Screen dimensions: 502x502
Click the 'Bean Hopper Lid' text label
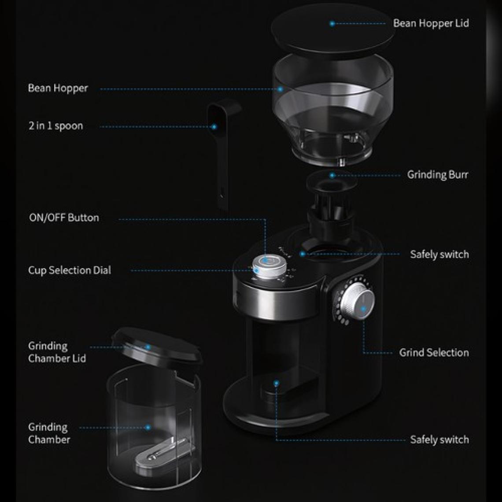coord(431,23)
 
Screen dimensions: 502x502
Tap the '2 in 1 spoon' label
coord(56,126)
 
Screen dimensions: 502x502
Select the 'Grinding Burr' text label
coord(438,175)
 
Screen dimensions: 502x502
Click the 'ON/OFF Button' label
coord(64,218)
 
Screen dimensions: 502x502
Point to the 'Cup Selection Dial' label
coord(70,270)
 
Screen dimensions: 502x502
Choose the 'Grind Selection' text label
coord(434,352)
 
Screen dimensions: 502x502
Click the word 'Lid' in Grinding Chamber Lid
coord(79,358)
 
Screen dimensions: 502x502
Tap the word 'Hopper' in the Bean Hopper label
coord(70,89)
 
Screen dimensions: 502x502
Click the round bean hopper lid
coord(332,28)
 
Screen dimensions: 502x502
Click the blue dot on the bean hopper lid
coord(332,23)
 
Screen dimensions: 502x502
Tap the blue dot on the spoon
coord(214,127)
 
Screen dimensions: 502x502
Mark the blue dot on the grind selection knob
coord(363,309)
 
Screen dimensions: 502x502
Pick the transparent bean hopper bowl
coord(333,109)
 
